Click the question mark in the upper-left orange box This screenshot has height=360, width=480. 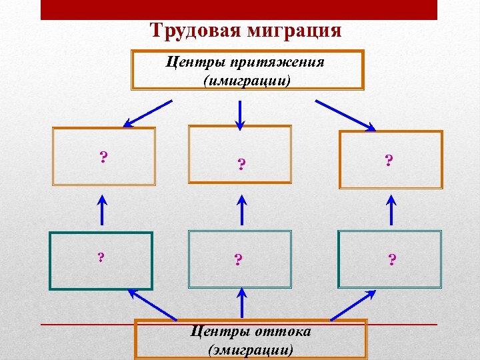pyautogui.click(x=103, y=157)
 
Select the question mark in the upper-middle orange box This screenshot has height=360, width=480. pyautogui.click(x=241, y=164)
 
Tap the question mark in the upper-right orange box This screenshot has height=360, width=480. pyautogui.click(x=389, y=160)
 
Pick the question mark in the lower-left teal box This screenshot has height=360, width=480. pyautogui.click(x=101, y=257)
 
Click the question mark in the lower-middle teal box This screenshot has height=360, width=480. pyautogui.click(x=238, y=259)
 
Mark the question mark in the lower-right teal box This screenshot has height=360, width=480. pyautogui.click(x=392, y=259)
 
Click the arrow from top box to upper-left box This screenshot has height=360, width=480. pyautogui.click(x=147, y=113)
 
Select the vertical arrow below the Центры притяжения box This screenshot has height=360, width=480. pyautogui.click(x=240, y=113)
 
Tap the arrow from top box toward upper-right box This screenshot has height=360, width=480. pyautogui.click(x=346, y=115)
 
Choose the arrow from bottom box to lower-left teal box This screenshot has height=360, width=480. pyautogui.click(x=153, y=303)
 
